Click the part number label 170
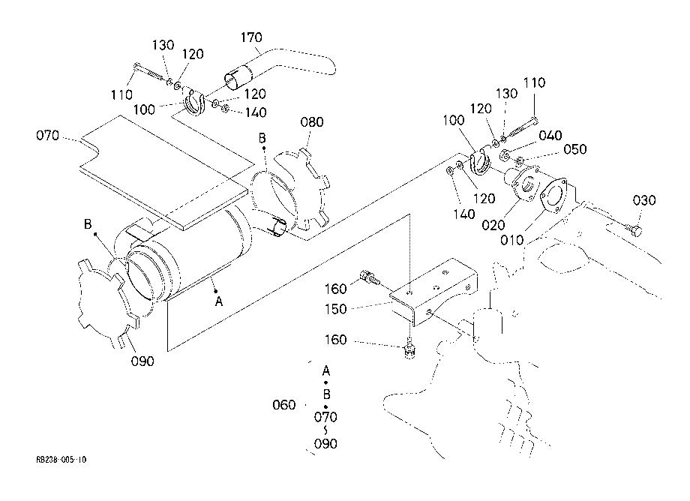click(251, 37)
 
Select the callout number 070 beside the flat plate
click(47, 135)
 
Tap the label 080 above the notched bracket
click(312, 121)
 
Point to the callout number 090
click(142, 361)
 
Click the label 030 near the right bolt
click(644, 200)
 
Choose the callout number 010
click(512, 240)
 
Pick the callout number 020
click(493, 225)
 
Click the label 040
click(550, 135)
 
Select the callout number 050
click(575, 149)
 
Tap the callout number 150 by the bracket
click(336, 309)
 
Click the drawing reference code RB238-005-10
click(61, 460)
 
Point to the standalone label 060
click(283, 405)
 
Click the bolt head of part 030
click(636, 229)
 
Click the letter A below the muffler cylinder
click(219, 301)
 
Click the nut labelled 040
click(506, 154)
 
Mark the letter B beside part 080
click(262, 138)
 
